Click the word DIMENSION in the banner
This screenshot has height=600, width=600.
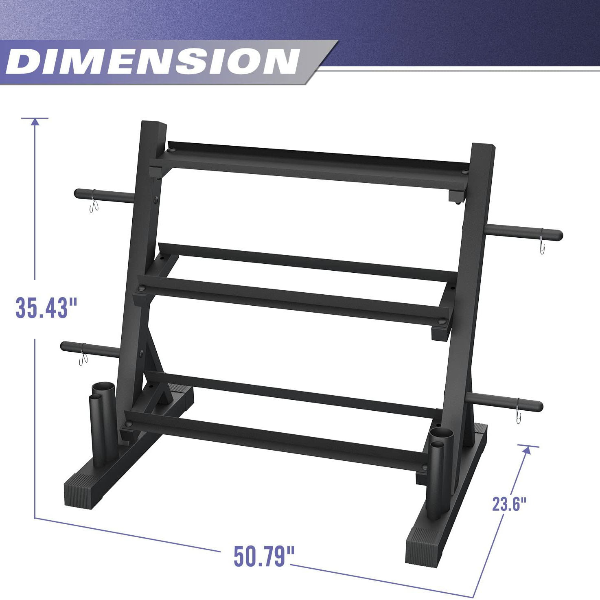[x=153, y=62]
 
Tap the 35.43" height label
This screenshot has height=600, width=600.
[x=46, y=308]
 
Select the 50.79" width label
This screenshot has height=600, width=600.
[x=264, y=556]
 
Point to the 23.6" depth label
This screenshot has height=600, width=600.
[x=509, y=504]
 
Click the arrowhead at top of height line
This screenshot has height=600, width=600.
[x=35, y=122]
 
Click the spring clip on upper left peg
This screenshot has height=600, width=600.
[x=94, y=206]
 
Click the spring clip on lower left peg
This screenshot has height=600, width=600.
[x=83, y=359]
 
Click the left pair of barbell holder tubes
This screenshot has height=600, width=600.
[x=103, y=423]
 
